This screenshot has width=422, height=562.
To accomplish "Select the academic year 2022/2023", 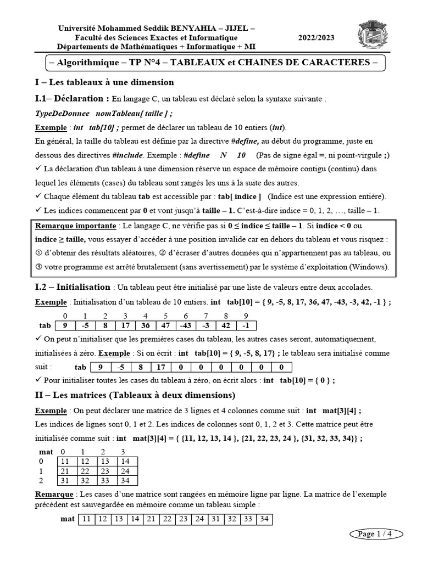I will pos(315,37).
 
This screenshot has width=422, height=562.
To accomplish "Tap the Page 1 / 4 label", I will pos(375,533).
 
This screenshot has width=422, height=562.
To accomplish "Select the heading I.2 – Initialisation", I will pos(73,287).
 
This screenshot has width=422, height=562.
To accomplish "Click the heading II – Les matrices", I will pos(135,395).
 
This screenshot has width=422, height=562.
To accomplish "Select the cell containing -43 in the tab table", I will pos(186,325).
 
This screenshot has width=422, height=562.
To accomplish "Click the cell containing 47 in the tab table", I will pos(165,325).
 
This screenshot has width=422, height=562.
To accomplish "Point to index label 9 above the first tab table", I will pos(245,316).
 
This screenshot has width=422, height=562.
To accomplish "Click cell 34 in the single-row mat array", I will pos(264,518).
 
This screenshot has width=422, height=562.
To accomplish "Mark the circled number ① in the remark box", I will pos(38,254).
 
